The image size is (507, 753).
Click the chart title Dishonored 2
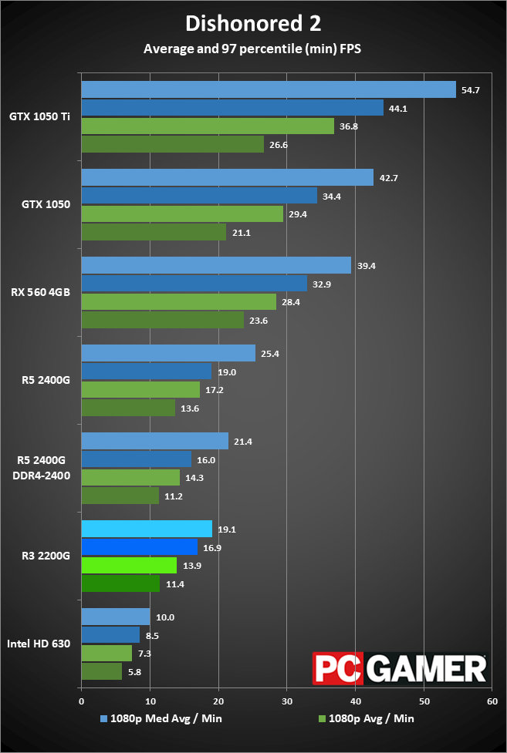[x=253, y=23]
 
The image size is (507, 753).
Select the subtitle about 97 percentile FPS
[x=253, y=49]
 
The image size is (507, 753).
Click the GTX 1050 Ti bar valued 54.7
[x=268, y=90]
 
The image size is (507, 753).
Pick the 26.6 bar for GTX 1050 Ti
[x=172, y=144]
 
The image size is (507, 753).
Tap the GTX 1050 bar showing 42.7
[x=227, y=178]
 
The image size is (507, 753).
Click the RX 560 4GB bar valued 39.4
[x=216, y=266]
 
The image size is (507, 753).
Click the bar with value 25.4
[x=168, y=353]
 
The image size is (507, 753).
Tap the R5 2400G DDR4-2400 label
[x=44, y=468]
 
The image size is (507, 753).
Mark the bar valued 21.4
[x=154, y=441]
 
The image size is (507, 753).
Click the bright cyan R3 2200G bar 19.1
[x=147, y=529]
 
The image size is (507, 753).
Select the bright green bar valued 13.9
[x=129, y=566]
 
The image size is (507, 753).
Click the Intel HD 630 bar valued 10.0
[x=115, y=617]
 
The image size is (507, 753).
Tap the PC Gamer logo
[x=399, y=668]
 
